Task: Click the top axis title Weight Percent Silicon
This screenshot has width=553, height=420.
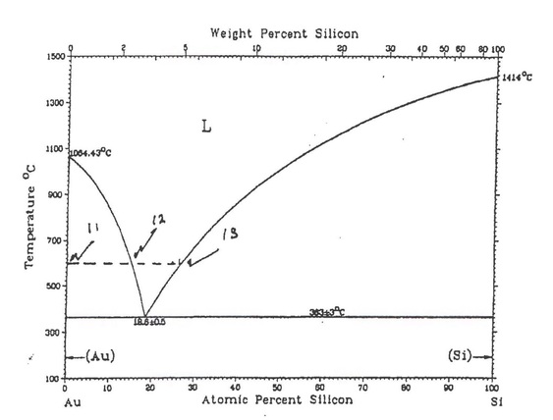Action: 284,33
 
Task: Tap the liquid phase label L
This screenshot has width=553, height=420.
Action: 206,127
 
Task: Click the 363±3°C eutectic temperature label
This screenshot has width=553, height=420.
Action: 329,312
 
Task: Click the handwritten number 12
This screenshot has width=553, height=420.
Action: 159,219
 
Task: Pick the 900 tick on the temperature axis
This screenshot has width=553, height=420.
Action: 54,194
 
